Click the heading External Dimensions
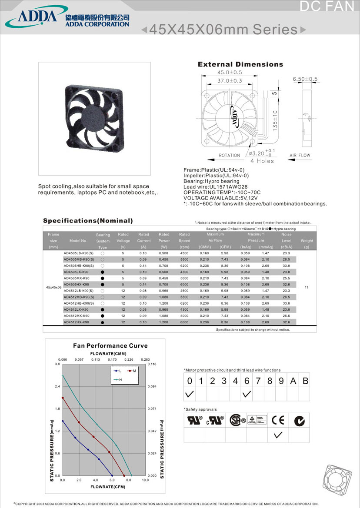tap(240, 64)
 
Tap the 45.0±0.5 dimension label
tap(230, 73)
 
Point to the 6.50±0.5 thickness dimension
tap(305, 79)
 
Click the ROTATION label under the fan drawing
tap(229, 155)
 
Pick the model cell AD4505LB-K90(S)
tap(79, 253)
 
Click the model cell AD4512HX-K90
tap(76, 322)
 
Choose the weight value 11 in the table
tap(307, 288)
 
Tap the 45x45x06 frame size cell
tap(53, 288)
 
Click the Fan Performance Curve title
tap(110, 346)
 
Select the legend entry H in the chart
tap(120, 380)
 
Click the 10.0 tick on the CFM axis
tap(145, 480)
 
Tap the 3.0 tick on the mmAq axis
tap(57, 364)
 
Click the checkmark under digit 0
tap(190, 394)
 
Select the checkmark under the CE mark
tap(279, 435)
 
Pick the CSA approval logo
tap(235, 420)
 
